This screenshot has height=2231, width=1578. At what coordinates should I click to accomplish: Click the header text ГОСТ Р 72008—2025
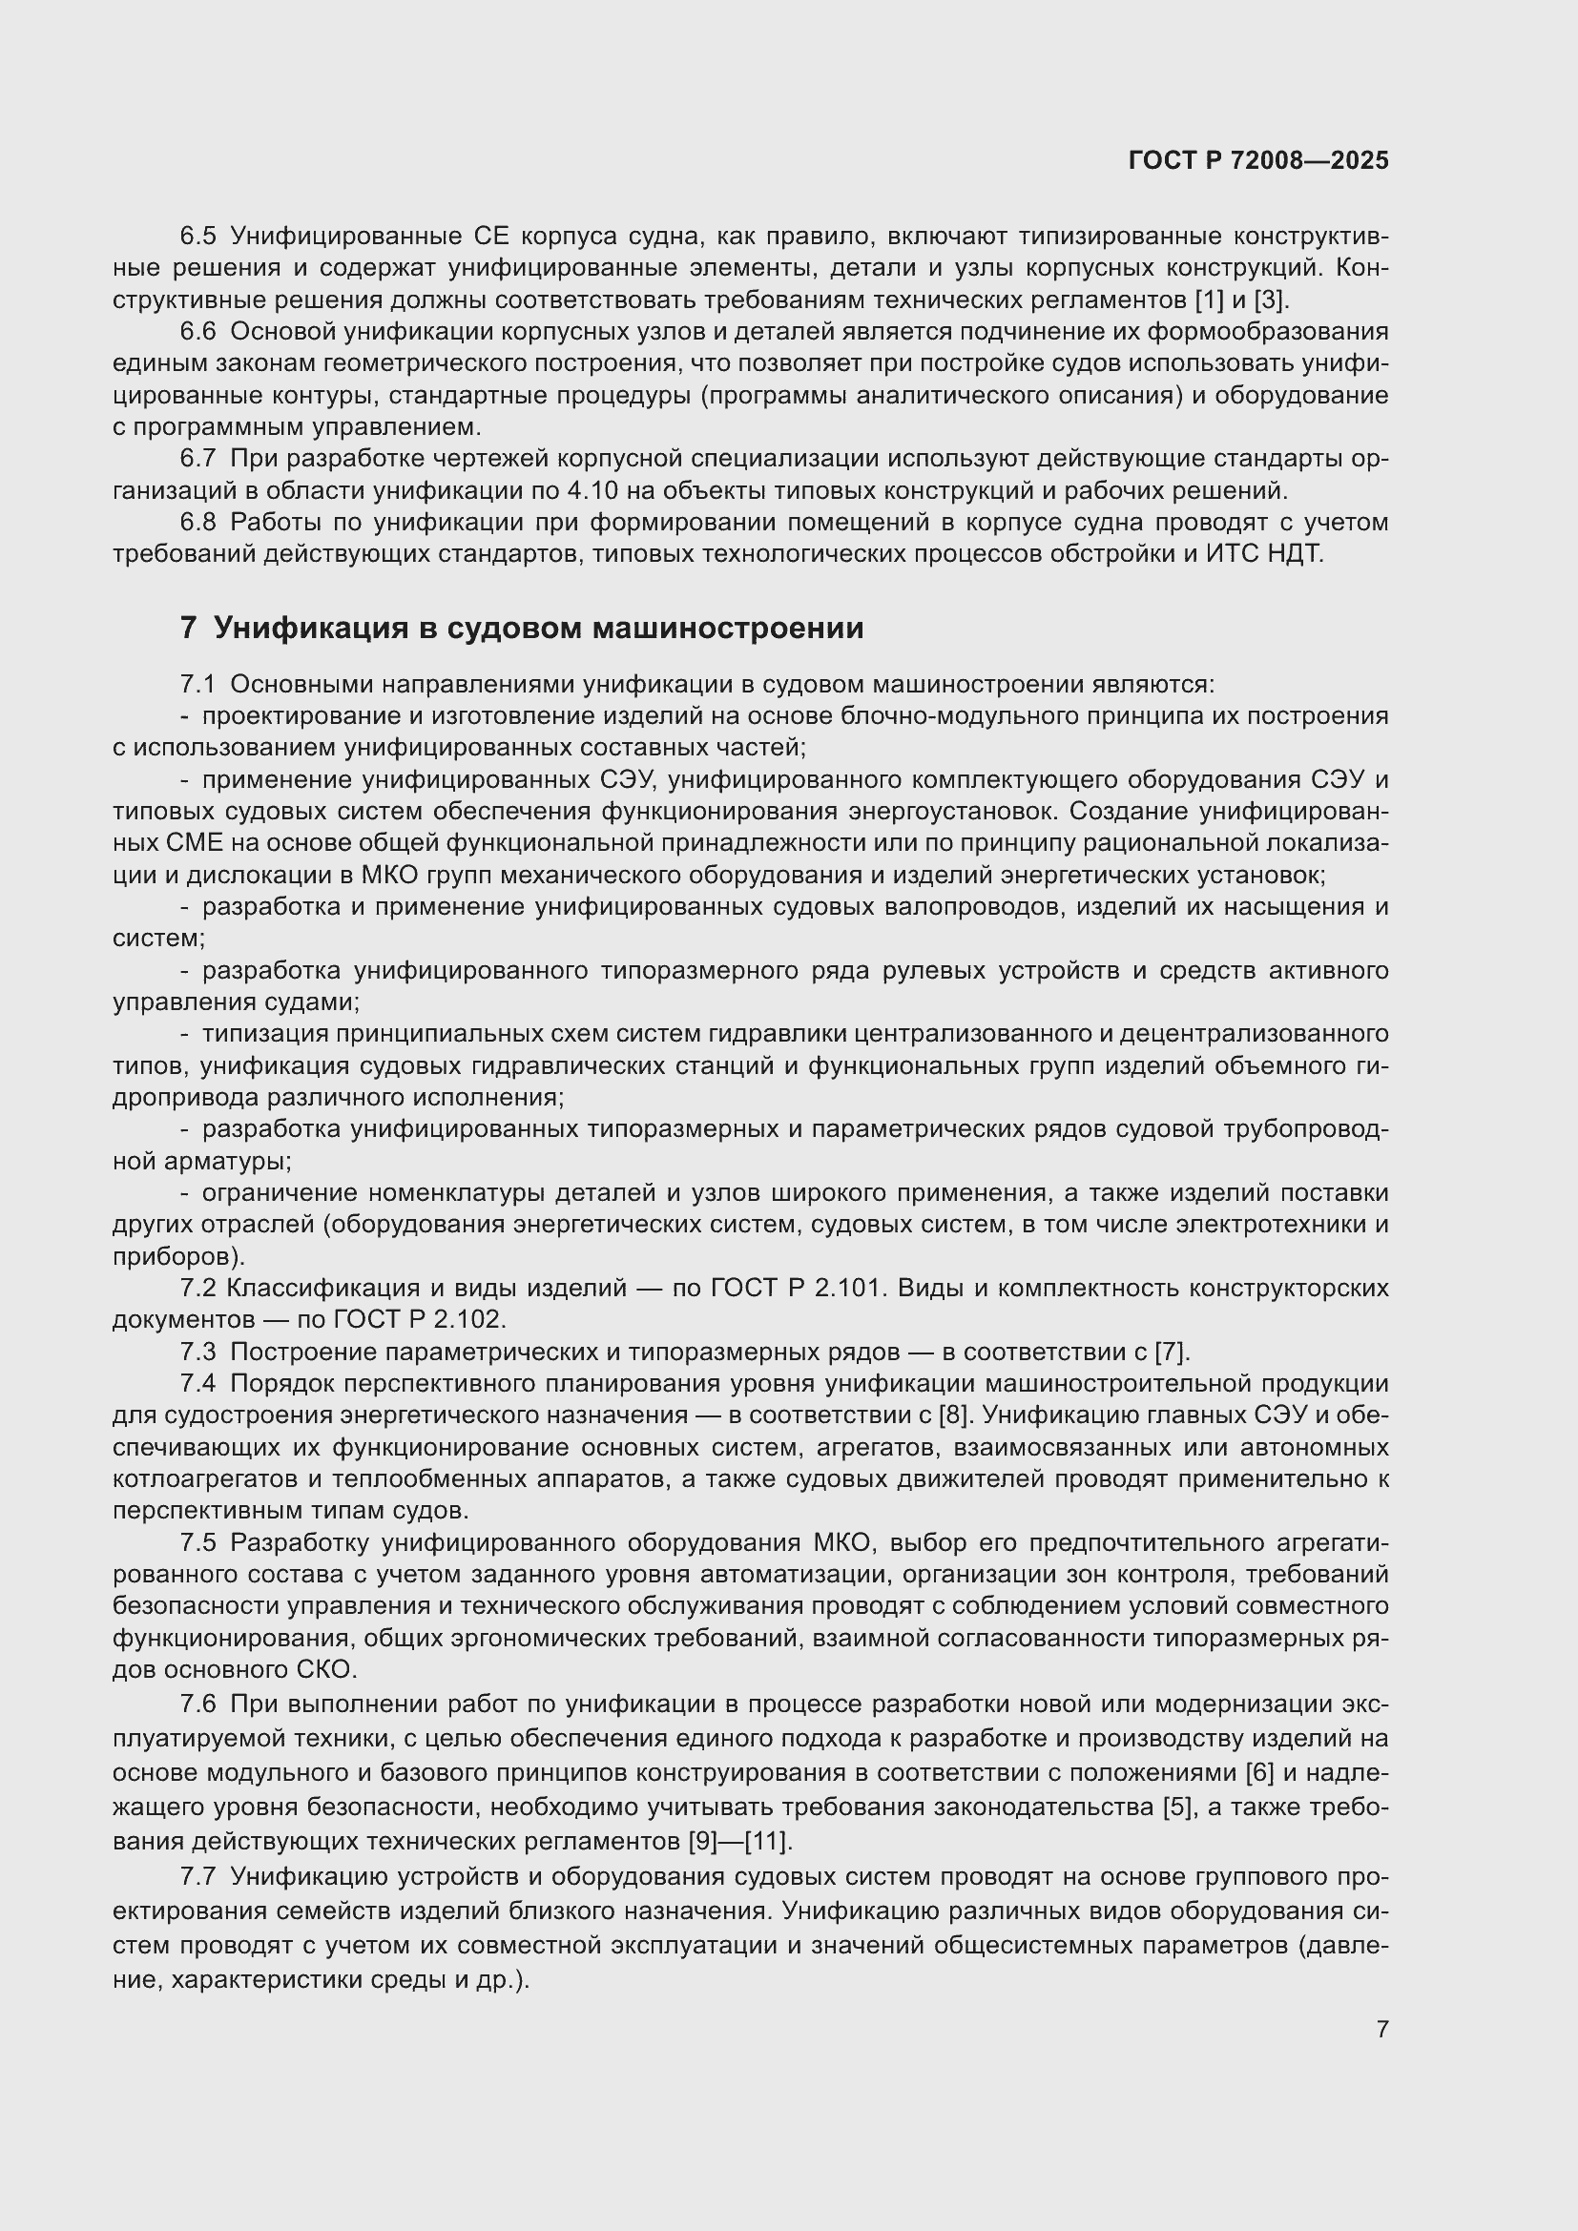click(1258, 161)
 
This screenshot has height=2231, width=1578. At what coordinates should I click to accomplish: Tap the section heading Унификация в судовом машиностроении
click(538, 629)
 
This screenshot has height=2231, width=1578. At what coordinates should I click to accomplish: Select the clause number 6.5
click(197, 237)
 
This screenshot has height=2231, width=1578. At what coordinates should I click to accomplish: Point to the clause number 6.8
click(197, 523)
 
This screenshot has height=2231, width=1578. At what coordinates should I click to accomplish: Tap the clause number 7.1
click(197, 684)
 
